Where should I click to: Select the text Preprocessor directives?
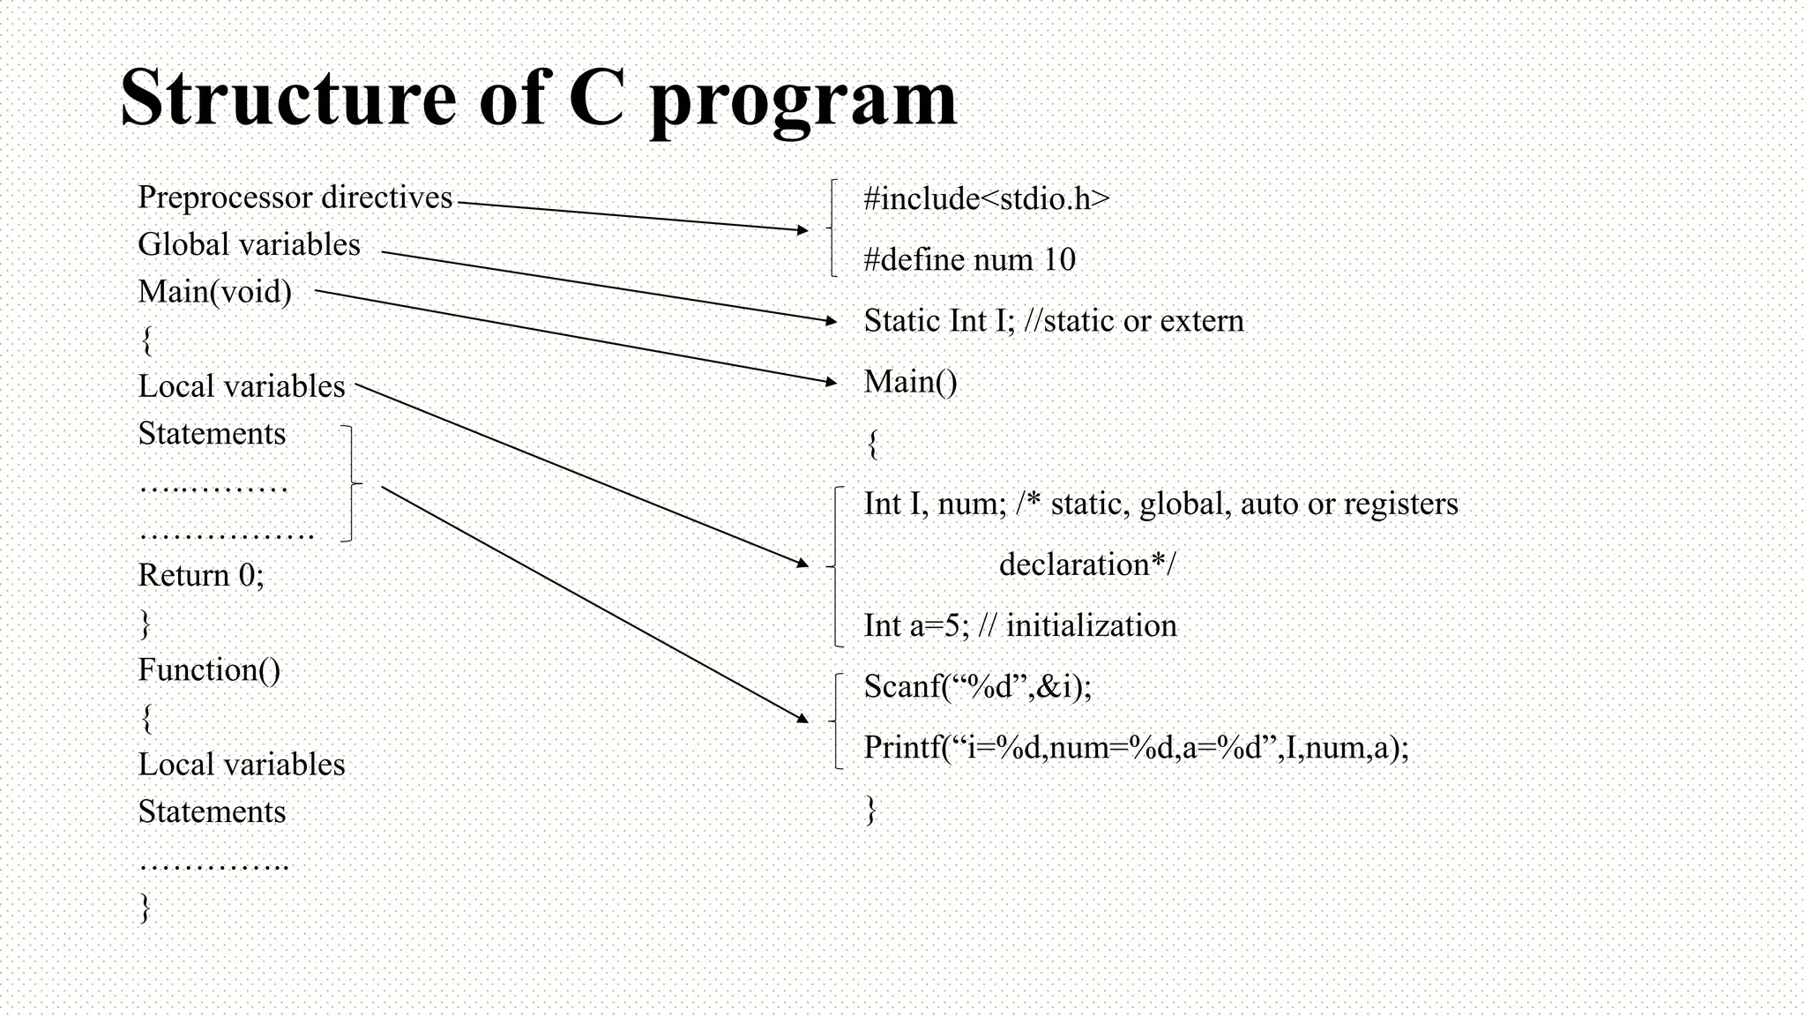point(295,198)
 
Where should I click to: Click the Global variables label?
point(249,244)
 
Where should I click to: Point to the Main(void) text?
point(214,292)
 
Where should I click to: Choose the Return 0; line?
point(201,575)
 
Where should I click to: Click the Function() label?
point(209,670)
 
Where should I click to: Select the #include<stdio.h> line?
point(986,198)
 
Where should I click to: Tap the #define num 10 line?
point(969,259)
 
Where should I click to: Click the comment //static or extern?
point(1134,320)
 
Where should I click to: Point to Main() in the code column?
point(910,382)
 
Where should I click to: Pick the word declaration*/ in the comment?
point(1087,564)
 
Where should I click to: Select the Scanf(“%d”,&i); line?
point(977,686)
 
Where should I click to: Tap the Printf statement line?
point(1136,748)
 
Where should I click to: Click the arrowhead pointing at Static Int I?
point(831,322)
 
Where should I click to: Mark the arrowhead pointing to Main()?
point(831,383)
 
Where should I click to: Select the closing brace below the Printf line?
point(871,809)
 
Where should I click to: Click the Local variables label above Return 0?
point(241,386)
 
